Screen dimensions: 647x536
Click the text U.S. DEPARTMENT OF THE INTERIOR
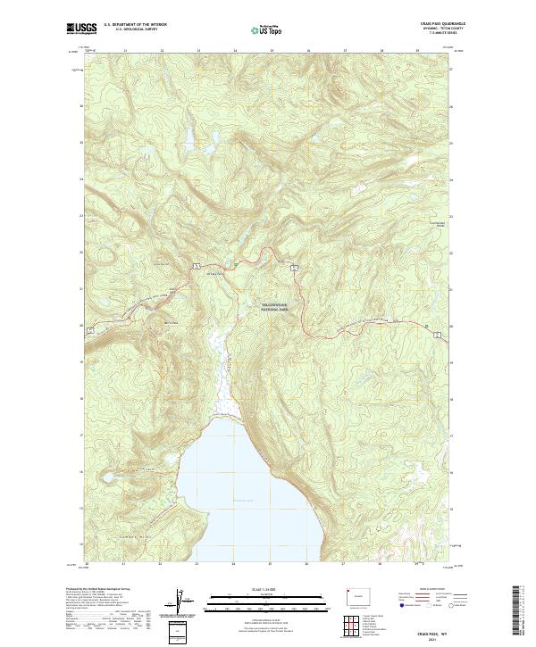[135, 24]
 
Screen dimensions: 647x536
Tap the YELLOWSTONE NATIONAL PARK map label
[281, 305]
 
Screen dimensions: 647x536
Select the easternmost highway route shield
[436, 333]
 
